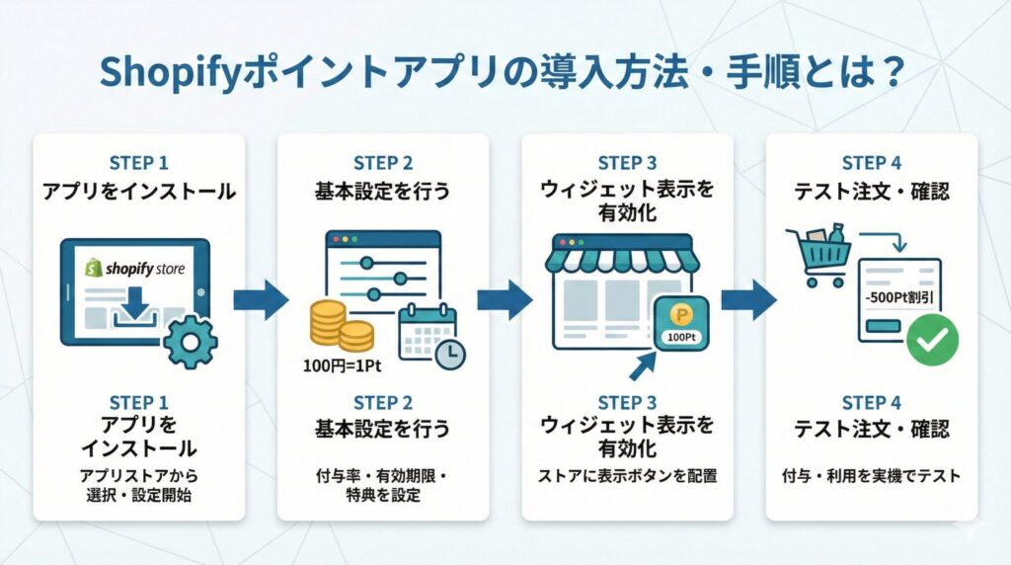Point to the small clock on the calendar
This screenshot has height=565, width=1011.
tap(450, 355)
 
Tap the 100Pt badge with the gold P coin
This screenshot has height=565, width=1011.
tap(679, 322)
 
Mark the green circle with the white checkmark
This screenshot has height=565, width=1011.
tap(932, 341)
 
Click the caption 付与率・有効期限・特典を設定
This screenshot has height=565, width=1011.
tap(381, 486)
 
